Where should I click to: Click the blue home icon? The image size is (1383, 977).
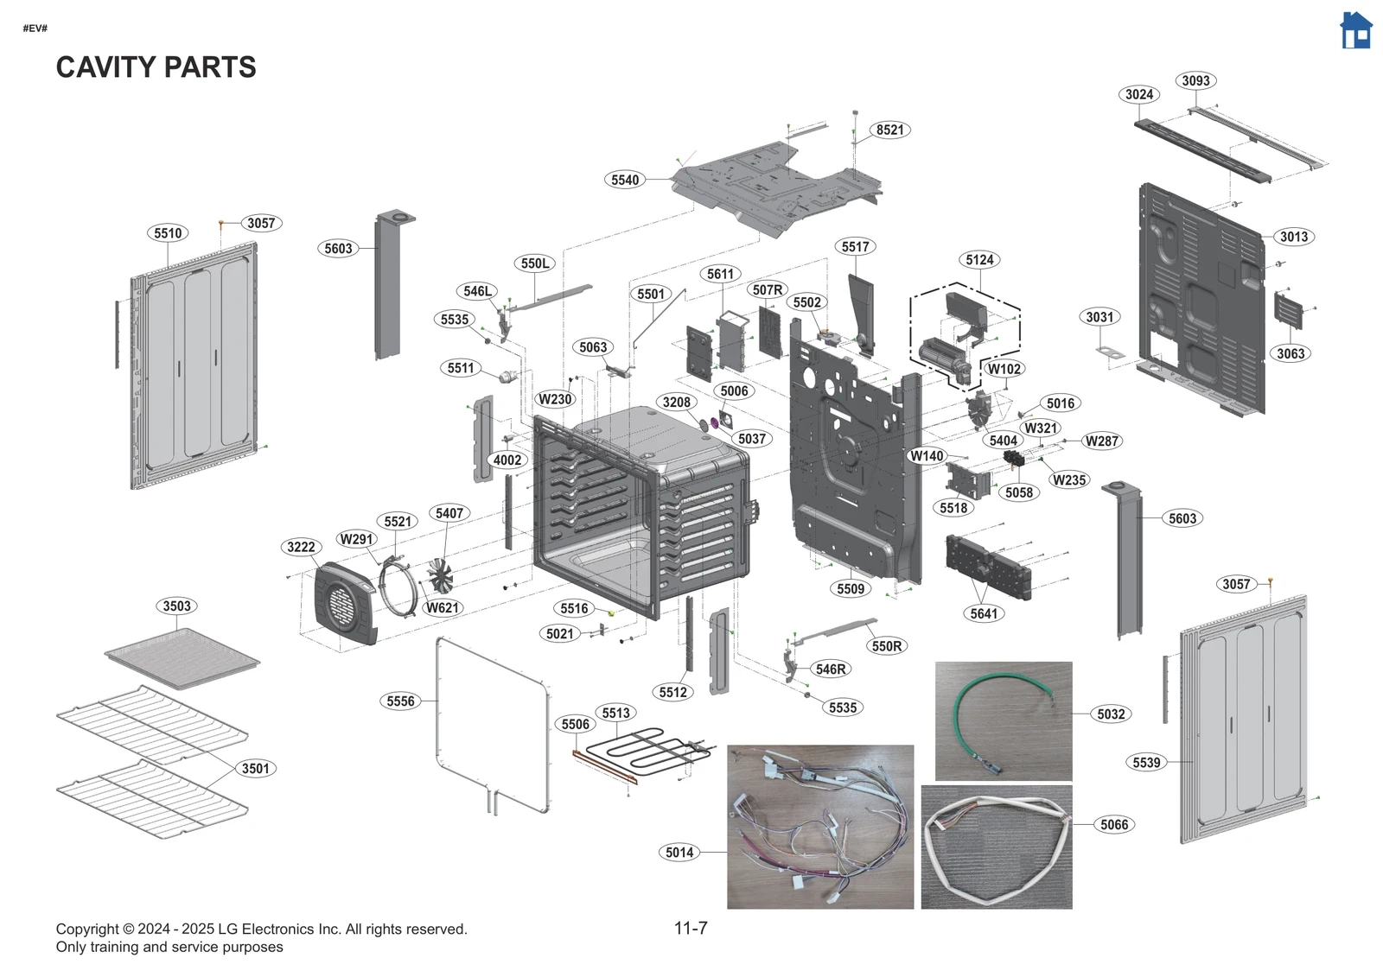coord(1355,31)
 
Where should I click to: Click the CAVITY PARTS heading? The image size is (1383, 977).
coord(156,67)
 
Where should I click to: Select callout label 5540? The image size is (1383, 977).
coord(625,180)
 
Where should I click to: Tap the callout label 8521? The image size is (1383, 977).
coord(889,130)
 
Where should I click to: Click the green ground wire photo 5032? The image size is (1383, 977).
coord(1003,720)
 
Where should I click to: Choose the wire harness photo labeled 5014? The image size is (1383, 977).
coord(819,827)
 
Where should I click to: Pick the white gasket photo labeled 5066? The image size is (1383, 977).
coord(996,847)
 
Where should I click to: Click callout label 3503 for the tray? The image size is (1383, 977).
coord(177,606)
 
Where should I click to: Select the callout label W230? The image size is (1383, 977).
coord(555,399)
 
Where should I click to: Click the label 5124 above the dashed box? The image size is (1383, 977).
coord(979,260)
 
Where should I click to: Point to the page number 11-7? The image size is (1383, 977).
coord(691,928)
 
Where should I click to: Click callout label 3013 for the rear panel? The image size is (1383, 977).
coord(1293,237)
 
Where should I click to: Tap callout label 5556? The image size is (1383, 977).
coord(400,701)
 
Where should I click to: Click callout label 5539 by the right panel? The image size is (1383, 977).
coord(1146,762)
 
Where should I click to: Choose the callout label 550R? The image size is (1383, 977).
coord(887,645)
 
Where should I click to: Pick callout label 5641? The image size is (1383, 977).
coord(984,613)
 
